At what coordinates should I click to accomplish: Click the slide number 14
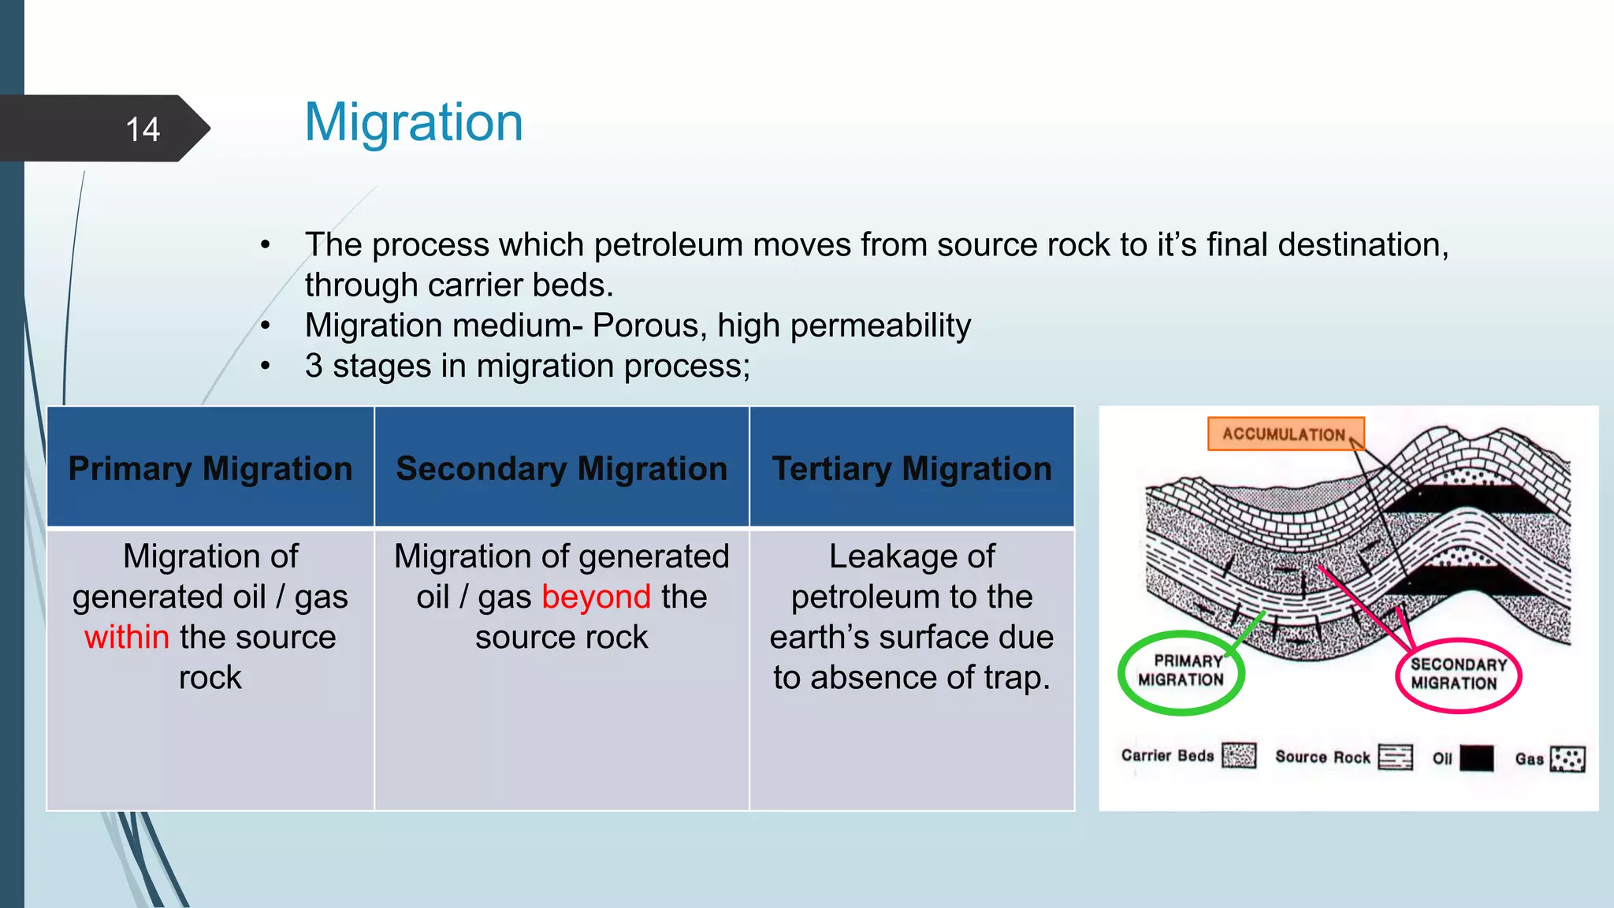[x=143, y=129]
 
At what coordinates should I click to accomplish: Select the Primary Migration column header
[x=210, y=468]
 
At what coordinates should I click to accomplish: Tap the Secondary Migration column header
[x=561, y=468]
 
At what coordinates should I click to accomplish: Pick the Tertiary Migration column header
[x=912, y=468]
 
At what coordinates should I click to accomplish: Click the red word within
[x=127, y=637]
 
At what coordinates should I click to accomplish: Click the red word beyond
[x=597, y=597]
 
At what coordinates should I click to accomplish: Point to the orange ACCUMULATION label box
[x=1285, y=434]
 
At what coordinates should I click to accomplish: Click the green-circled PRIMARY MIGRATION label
[x=1181, y=672]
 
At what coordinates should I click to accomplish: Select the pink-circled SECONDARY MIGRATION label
[x=1457, y=675]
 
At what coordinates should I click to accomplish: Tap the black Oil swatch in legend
[x=1476, y=758]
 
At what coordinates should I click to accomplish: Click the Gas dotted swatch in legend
[x=1567, y=759]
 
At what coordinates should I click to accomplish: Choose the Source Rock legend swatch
[x=1395, y=757]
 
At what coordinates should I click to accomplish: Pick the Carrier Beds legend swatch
[x=1239, y=755]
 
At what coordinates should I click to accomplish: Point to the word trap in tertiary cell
[x=1012, y=678]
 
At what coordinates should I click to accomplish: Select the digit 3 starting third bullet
[x=313, y=366]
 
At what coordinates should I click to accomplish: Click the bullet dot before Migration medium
[x=266, y=326]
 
